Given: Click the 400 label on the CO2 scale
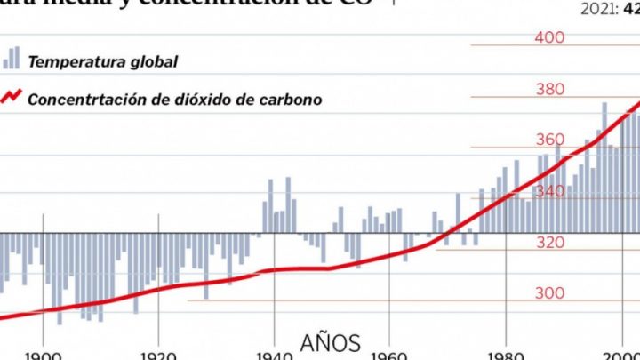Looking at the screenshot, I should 550,37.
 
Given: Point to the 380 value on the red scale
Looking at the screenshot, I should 550,89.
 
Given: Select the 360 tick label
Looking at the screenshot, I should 550,140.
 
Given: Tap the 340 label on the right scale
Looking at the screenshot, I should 550,191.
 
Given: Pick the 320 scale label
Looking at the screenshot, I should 550,242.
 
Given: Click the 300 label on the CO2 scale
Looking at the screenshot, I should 550,293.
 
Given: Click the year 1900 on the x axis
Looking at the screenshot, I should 44,355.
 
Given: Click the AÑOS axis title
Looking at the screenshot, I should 331,342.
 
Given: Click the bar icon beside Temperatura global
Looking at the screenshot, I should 11,59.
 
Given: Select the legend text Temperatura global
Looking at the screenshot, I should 103,62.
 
